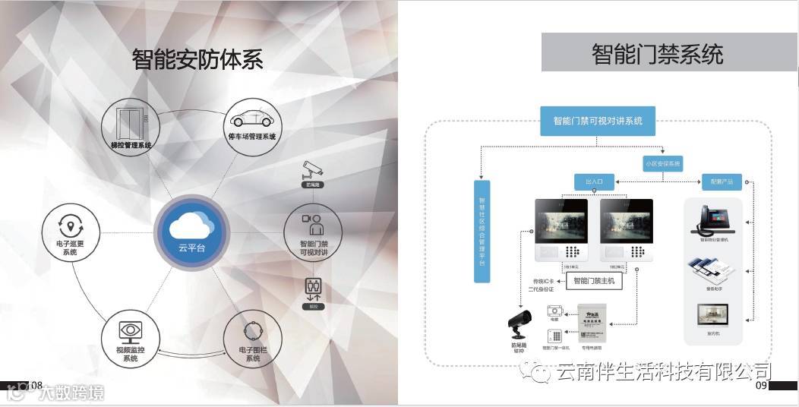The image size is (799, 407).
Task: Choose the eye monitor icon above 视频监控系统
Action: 130,331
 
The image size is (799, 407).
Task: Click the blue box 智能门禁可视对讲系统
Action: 598,121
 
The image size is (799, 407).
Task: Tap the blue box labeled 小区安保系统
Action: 663,163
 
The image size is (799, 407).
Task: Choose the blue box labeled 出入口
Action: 593,182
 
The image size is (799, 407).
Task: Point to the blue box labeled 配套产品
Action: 721,182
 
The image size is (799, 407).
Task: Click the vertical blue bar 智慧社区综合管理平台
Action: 482,231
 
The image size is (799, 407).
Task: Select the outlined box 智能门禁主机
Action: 597,280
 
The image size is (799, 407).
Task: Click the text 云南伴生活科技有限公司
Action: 663,372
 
